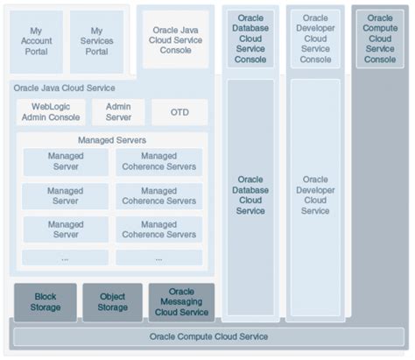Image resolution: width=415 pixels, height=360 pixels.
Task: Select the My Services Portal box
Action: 96,41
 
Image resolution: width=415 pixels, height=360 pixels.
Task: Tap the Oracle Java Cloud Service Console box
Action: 175,40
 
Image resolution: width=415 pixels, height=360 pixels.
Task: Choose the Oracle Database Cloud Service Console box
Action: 250,39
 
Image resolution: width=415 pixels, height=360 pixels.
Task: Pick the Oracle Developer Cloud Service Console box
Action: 315,39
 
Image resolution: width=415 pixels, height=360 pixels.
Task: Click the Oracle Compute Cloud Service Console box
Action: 380,39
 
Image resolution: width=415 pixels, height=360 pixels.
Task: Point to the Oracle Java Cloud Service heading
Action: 64,88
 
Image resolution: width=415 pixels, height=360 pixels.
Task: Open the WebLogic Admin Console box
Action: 53,111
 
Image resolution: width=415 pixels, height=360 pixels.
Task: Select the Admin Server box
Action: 118,111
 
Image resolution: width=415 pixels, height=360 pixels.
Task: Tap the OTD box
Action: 179,112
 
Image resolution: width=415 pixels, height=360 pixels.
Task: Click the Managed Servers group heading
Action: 112,139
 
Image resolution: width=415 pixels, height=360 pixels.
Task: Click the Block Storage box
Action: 45,302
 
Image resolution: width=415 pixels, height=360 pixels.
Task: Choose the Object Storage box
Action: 112,302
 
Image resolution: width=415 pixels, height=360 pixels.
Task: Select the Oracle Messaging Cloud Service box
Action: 181,302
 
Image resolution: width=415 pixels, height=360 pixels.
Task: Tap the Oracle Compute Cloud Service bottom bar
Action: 207,336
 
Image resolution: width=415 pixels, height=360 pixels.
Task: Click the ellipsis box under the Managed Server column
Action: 66,258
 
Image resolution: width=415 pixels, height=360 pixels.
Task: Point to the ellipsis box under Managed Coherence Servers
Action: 158,258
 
